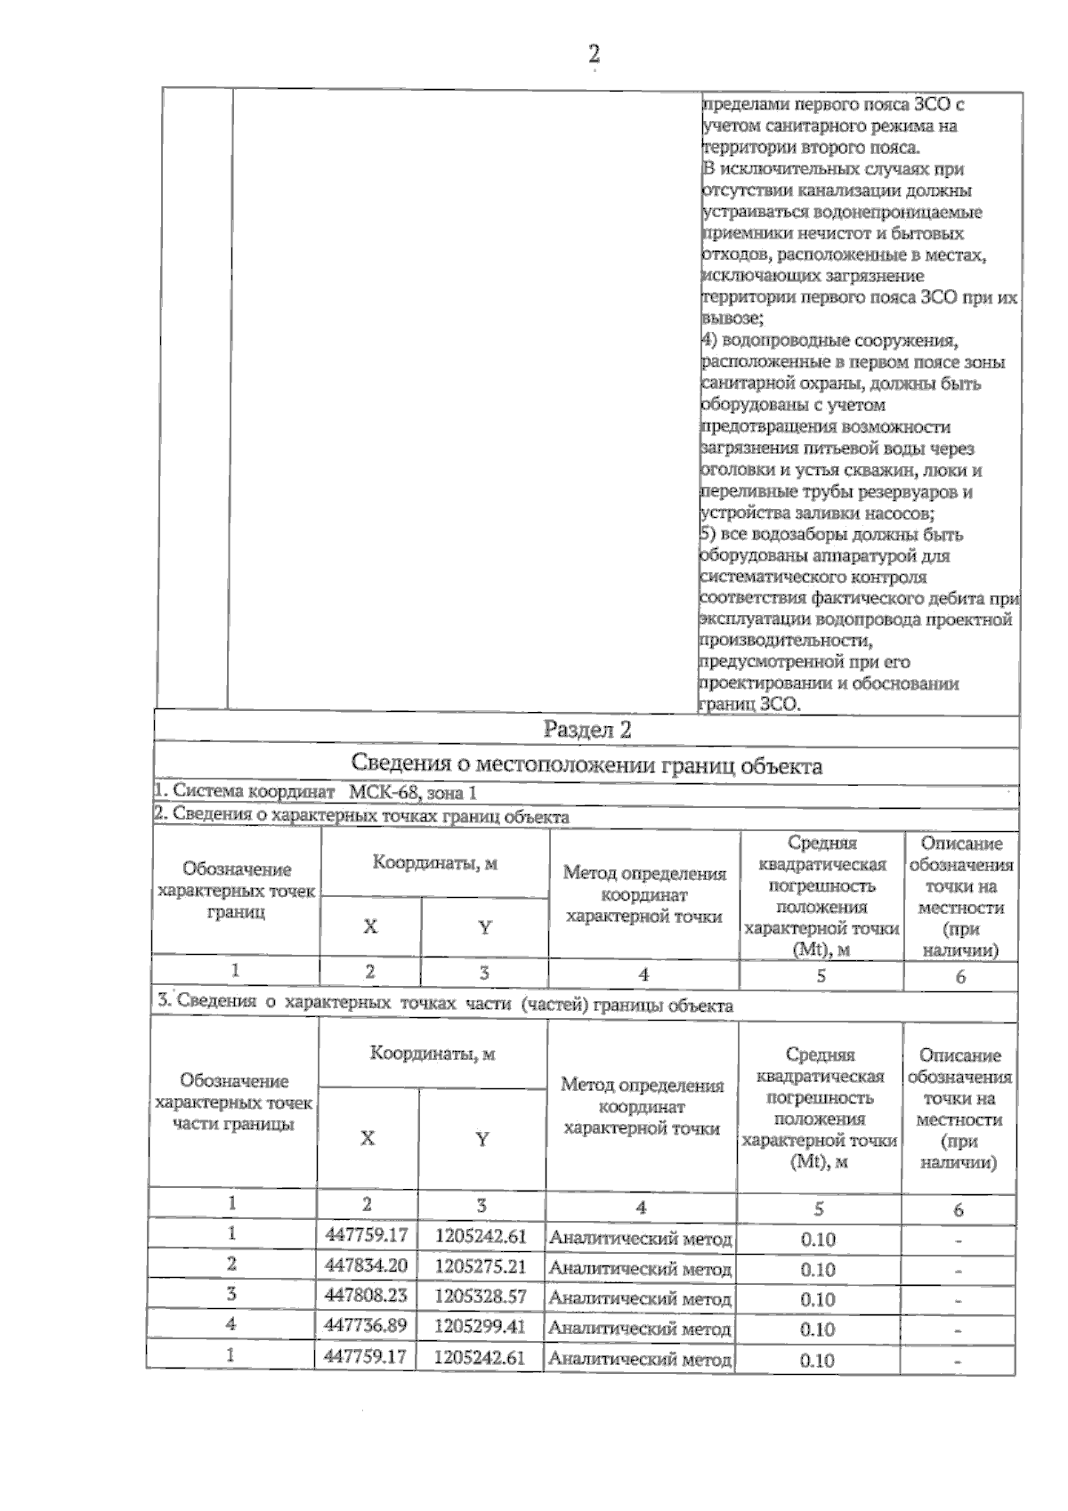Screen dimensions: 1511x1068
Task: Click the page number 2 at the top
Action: click(x=594, y=54)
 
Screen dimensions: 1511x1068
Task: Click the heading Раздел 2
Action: click(x=587, y=731)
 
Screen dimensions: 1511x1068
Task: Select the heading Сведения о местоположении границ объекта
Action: click(x=587, y=765)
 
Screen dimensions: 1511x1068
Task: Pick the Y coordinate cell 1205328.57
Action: click(x=481, y=1297)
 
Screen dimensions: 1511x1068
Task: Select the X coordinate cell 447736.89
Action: click(x=367, y=1326)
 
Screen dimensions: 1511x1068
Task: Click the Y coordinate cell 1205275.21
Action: click(x=481, y=1266)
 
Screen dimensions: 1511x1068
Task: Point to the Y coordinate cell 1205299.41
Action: click(x=481, y=1326)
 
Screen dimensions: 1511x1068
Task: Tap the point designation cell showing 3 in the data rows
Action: click(x=231, y=1294)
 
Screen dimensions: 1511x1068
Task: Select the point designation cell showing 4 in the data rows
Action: click(x=231, y=1324)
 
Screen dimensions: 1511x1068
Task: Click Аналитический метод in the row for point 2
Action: click(x=641, y=1268)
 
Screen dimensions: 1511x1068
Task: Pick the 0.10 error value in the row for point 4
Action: click(x=817, y=1329)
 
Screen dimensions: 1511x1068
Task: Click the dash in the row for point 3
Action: click(x=959, y=1301)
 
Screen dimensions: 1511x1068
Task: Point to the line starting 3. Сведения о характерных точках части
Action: click(x=445, y=1004)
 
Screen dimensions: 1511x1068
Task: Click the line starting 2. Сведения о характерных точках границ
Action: click(x=360, y=816)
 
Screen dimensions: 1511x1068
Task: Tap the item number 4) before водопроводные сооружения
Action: click(x=709, y=341)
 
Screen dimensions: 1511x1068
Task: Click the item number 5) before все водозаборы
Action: click(x=709, y=535)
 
